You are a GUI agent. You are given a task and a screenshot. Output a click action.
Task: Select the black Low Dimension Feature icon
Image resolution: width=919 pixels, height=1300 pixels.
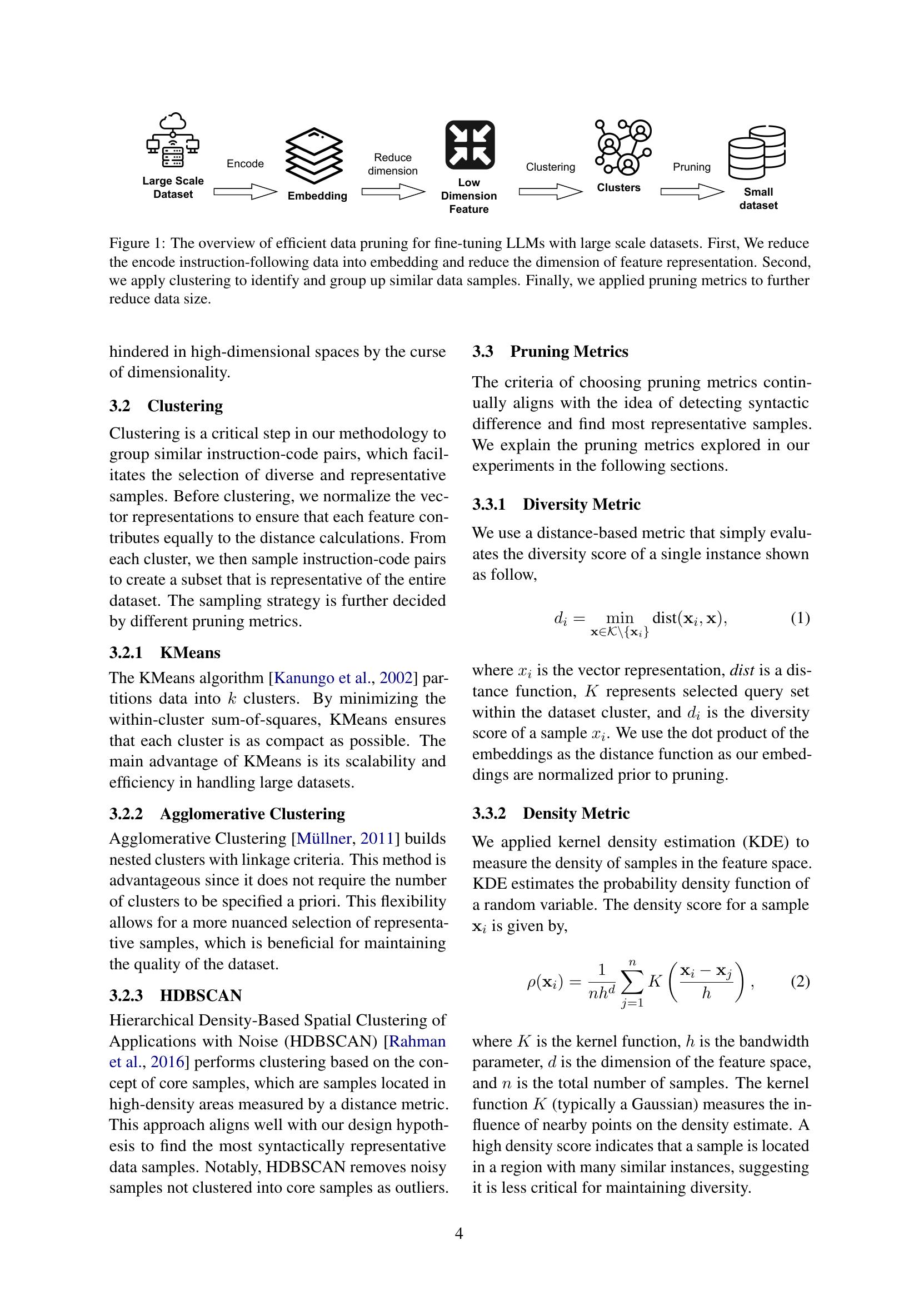[470, 145]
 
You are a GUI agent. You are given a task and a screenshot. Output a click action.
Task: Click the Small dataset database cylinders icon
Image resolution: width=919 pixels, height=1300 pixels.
[757, 152]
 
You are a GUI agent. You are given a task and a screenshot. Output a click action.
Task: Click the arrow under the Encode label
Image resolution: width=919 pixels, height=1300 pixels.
[245, 192]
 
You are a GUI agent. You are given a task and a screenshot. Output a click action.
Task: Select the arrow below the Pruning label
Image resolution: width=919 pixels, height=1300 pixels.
[692, 192]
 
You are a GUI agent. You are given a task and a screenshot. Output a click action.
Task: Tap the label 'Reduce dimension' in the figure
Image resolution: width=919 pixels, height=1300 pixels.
[392, 164]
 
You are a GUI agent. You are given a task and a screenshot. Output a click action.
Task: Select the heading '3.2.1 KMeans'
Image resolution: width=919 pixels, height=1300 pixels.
[164, 653]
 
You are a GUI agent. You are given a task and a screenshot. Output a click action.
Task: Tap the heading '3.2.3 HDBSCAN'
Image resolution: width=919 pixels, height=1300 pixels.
[176, 995]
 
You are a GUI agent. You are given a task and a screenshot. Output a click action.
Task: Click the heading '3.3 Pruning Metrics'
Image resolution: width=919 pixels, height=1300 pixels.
[550, 352]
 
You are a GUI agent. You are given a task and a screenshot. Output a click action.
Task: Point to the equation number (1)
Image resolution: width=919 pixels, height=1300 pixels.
[800, 617]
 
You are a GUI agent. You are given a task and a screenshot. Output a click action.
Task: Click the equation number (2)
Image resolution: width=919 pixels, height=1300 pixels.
[800, 981]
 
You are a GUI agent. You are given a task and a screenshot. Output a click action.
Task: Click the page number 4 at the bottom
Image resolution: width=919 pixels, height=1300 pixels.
[459, 1233]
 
